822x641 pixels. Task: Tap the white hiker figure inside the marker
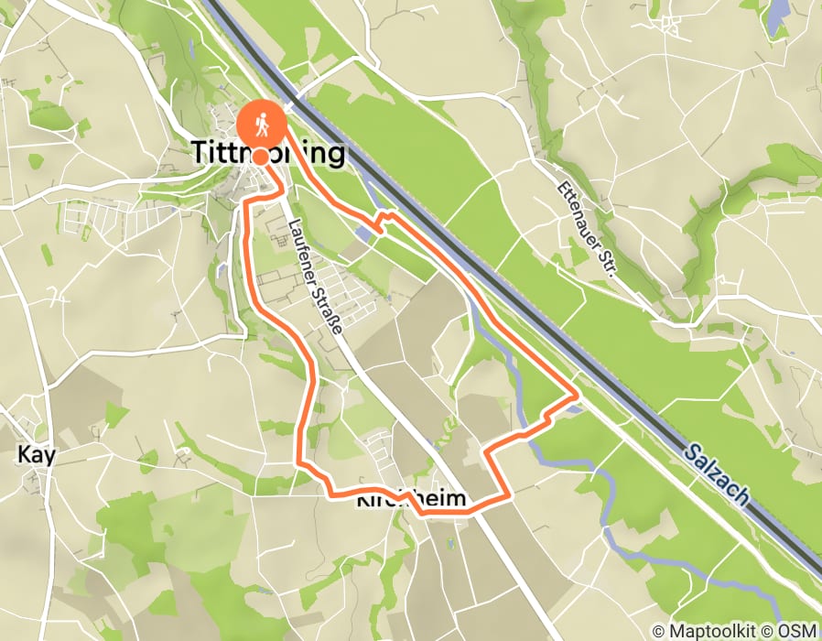coord(261,123)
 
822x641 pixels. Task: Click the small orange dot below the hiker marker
coord(261,157)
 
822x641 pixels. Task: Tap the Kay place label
coord(37,454)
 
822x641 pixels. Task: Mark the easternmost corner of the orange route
coord(577,397)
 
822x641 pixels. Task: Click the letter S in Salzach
coord(690,448)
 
